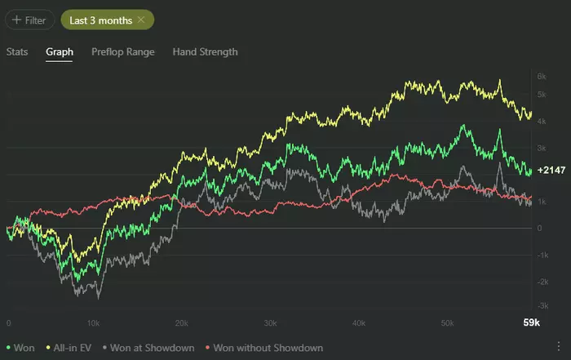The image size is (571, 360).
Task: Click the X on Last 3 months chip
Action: click(141, 19)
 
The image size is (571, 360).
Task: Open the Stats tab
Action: click(17, 51)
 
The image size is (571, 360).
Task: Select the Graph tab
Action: click(60, 51)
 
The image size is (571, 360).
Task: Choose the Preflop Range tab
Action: click(122, 51)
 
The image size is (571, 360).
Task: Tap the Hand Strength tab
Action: click(205, 51)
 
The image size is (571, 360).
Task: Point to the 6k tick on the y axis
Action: click(541, 75)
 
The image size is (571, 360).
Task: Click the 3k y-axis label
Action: click(541, 149)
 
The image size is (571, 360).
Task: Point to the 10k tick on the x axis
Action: click(93, 323)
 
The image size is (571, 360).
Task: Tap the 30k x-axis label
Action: click(270, 323)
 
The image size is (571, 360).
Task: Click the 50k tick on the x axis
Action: click(446, 323)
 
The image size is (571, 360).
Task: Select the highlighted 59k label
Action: click(531, 323)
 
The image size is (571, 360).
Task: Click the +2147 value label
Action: click(551, 171)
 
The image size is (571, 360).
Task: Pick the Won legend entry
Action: click(20, 348)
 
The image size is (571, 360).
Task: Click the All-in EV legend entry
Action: click(73, 348)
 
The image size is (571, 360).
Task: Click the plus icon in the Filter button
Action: click(16, 19)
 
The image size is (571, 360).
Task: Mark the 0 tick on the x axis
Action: click(8, 323)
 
